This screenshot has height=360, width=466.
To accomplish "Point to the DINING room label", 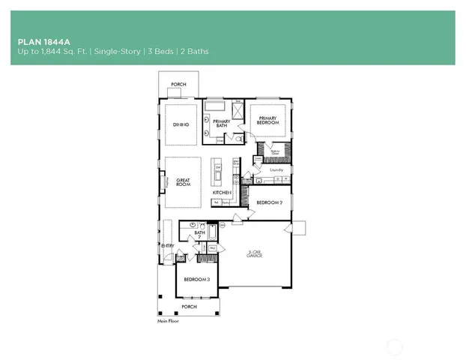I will (x=180, y=124).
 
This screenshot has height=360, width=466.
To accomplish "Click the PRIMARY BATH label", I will (x=222, y=123).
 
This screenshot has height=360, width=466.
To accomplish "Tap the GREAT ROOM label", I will (x=184, y=182).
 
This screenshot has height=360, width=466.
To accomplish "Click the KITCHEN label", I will (x=221, y=193).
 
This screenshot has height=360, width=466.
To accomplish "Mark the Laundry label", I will (x=276, y=170).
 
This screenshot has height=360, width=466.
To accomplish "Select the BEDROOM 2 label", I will (x=269, y=202).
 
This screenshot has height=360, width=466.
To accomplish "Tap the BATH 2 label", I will (x=200, y=235).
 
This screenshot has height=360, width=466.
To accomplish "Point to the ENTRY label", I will (x=166, y=245).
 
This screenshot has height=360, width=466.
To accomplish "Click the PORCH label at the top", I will (x=178, y=85).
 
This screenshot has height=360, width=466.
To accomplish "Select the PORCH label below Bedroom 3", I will (x=190, y=306).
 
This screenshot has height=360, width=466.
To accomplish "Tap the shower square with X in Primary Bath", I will (x=237, y=112).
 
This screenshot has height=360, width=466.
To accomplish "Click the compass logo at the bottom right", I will (x=395, y=346).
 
